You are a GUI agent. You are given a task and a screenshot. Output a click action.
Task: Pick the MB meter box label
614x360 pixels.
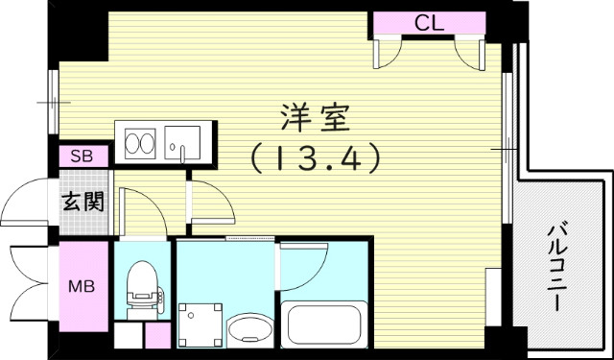(81, 286)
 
